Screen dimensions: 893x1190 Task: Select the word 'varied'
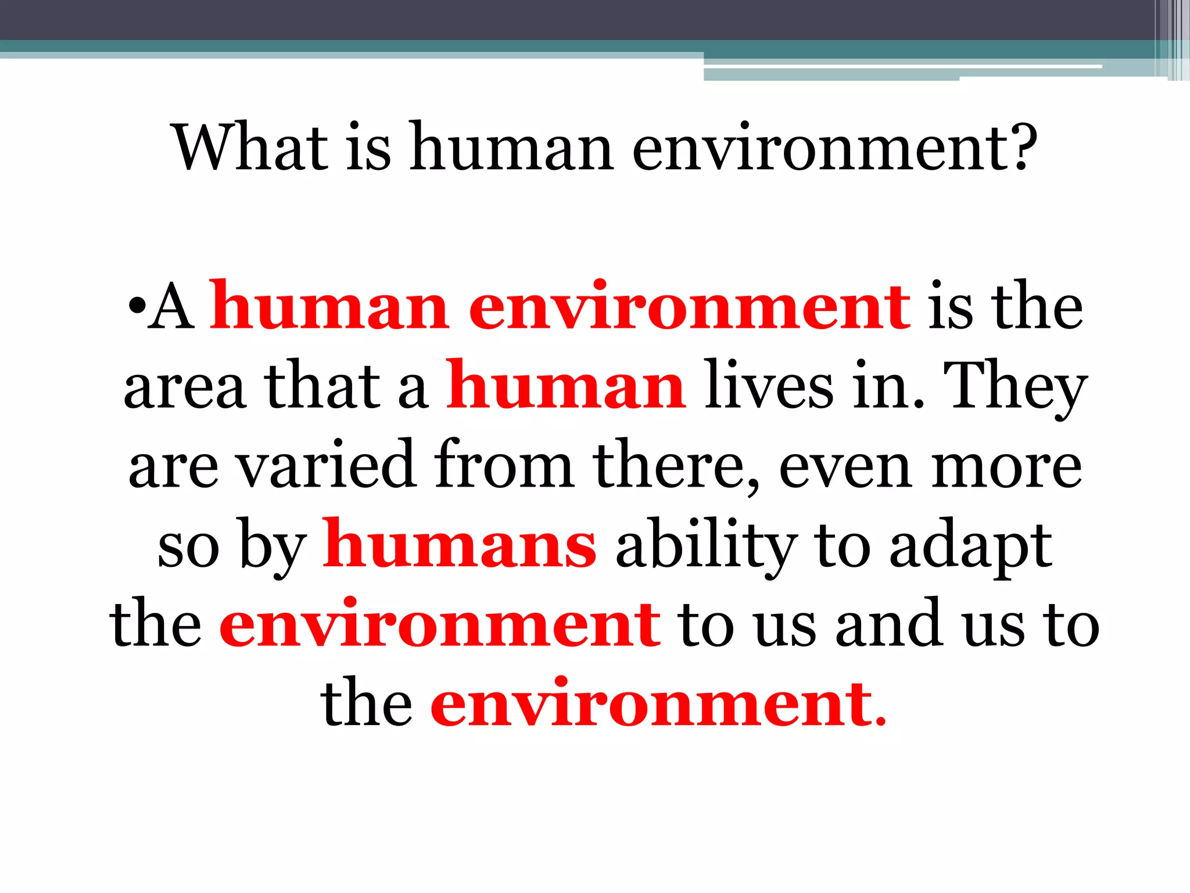click(x=328, y=465)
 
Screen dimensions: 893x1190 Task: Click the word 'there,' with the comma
click(x=676, y=465)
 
